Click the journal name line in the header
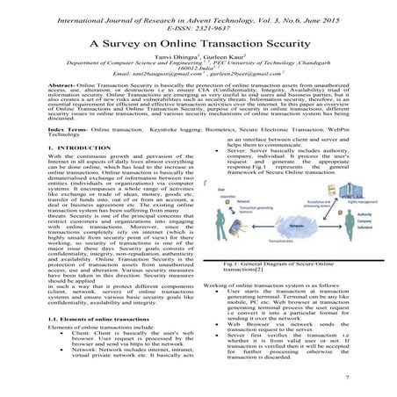tap(198, 8)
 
